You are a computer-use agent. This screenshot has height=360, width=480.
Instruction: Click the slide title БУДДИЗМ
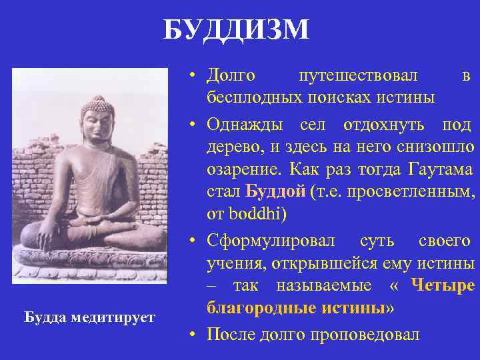[236, 30]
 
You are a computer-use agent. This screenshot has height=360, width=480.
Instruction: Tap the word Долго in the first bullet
[231, 77]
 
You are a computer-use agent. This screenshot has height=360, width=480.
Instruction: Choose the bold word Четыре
[443, 286]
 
